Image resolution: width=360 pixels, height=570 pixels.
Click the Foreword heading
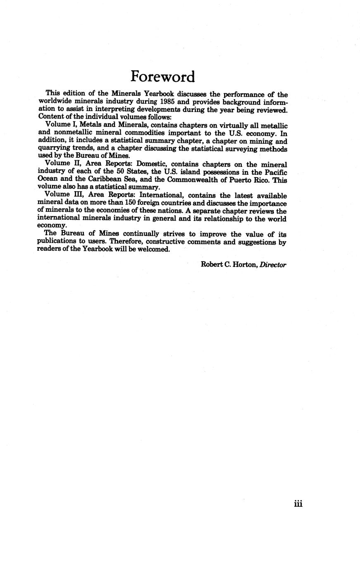point(162,77)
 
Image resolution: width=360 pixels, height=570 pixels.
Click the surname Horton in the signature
point(245,265)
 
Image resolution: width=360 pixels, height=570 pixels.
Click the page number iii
point(298,503)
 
